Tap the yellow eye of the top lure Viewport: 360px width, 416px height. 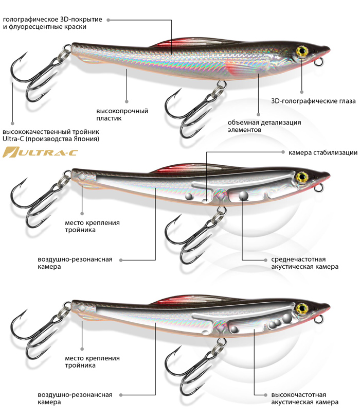(301, 51)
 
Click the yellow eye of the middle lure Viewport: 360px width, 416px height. (302, 177)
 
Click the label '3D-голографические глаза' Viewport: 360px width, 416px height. (313, 101)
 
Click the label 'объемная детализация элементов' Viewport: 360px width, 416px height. (264, 126)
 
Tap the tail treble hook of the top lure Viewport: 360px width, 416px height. (33, 77)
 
